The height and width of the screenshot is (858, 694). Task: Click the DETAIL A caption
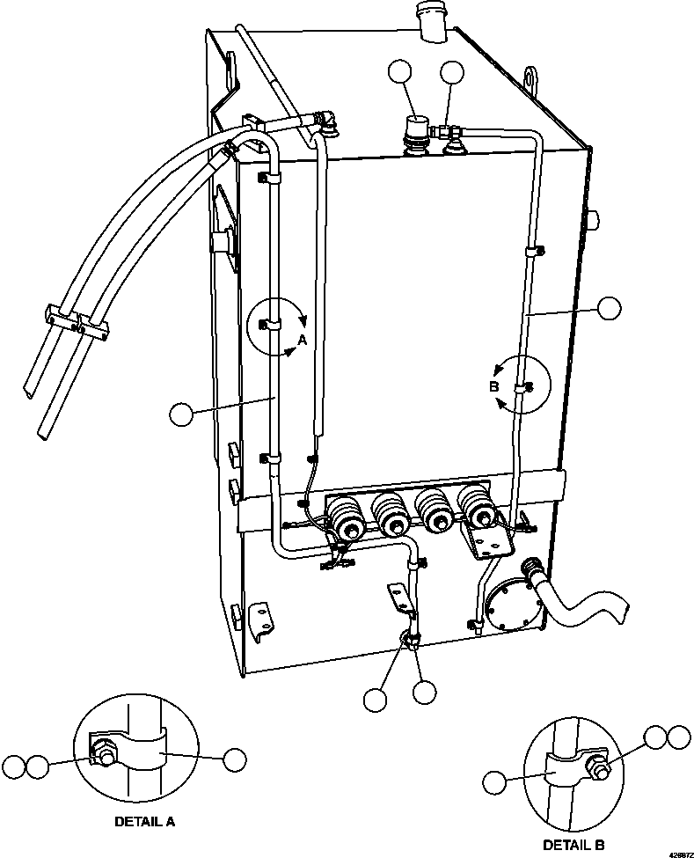tap(144, 821)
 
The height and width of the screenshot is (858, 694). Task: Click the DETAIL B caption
tap(573, 844)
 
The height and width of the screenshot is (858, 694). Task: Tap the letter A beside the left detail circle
tap(303, 340)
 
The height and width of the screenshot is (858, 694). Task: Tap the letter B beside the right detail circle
tap(493, 387)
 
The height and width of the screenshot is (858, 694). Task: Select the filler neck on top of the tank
tap(433, 21)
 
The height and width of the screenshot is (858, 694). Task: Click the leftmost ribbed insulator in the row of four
tap(345, 519)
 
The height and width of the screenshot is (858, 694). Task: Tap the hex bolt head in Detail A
tap(105, 756)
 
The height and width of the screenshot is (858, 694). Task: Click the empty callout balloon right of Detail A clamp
tap(235, 759)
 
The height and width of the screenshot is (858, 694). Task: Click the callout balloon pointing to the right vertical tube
tap(610, 308)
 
